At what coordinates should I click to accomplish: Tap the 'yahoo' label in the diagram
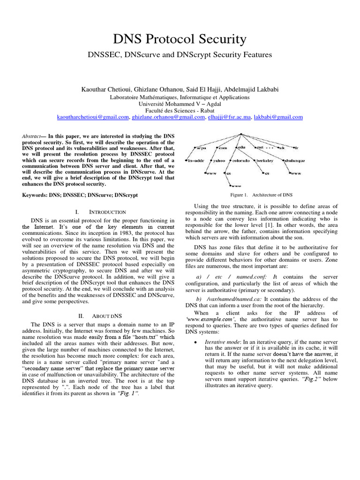pos(219,161)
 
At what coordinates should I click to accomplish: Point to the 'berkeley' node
pos(266,161)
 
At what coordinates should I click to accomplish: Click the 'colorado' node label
pos(241,161)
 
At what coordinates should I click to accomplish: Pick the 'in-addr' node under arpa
pos(196,161)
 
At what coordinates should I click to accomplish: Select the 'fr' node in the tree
pos(296,148)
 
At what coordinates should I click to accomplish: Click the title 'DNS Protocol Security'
pos(180,39)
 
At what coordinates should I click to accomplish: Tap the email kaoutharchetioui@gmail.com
pos(93,117)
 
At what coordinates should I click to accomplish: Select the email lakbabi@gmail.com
pos(278,117)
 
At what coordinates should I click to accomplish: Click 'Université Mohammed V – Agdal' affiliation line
pos(180,104)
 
